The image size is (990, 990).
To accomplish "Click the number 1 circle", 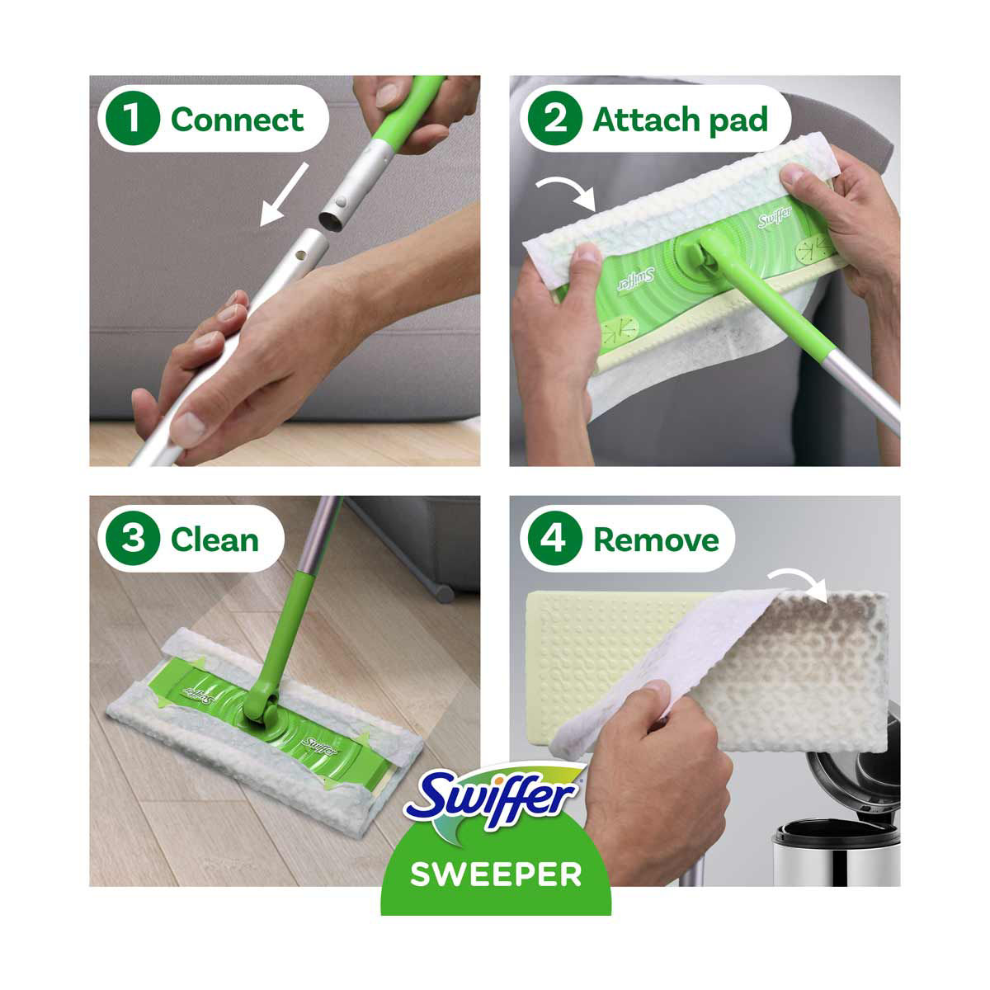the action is tap(133, 118).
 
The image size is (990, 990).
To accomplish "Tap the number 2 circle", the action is tap(555, 118).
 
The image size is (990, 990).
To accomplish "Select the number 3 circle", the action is tap(133, 539).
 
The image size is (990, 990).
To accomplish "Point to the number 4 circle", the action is tap(555, 539).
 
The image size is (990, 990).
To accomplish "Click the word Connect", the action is tap(237, 120).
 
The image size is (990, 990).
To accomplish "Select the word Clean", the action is tap(214, 540).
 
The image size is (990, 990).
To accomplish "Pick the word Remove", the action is tap(656, 540).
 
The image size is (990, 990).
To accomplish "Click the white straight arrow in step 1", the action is tap(284, 195).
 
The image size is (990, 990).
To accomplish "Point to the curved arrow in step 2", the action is tap(566, 193).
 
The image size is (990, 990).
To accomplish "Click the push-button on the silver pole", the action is tap(341, 201).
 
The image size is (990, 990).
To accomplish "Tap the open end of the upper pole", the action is tap(329, 221).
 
